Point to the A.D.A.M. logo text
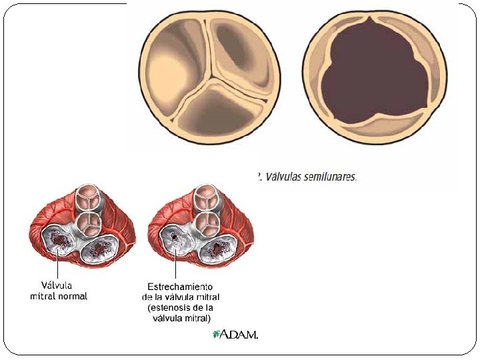pos(238,335)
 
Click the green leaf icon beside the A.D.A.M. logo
pos(215,334)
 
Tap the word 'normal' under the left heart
pos(72,296)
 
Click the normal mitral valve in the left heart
pos(59,241)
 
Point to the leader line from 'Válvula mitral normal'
pos(58,265)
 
